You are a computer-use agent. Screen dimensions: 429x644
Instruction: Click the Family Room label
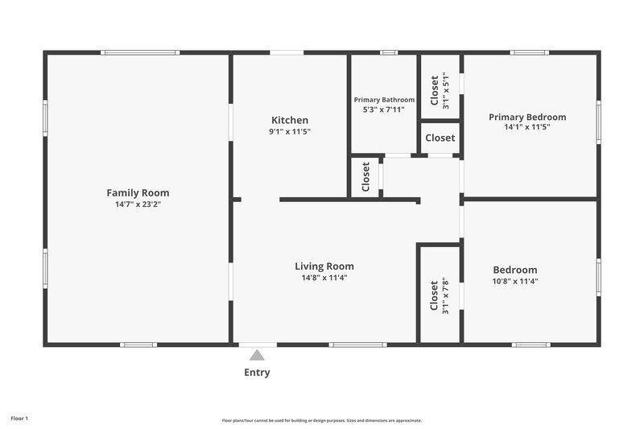point(138,192)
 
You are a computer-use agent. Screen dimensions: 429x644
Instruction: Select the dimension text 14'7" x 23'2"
point(138,204)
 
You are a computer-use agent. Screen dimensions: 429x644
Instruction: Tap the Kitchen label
point(290,120)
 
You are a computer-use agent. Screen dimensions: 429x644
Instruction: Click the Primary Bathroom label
point(384,100)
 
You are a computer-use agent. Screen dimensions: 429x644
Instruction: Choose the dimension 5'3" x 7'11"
point(384,109)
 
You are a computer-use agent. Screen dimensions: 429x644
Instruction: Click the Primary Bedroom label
point(527,117)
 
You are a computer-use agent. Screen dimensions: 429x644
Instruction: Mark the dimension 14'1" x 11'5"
point(527,127)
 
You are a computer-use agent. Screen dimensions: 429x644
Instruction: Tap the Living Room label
point(324,266)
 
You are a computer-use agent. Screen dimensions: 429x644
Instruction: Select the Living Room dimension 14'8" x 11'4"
point(324,278)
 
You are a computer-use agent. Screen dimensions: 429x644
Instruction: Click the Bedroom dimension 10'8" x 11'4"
point(515,281)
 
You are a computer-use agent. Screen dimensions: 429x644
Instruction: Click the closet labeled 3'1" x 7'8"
point(440,295)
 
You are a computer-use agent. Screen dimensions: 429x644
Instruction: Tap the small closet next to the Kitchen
point(365,176)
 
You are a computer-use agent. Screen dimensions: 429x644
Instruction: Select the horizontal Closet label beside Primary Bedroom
point(440,138)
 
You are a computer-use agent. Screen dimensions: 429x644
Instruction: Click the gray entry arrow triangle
point(257,354)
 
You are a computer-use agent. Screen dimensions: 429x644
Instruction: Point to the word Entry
point(257,373)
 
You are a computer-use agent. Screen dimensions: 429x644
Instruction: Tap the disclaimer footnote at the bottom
point(321,420)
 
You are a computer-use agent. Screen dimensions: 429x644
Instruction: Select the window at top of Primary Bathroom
point(389,53)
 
